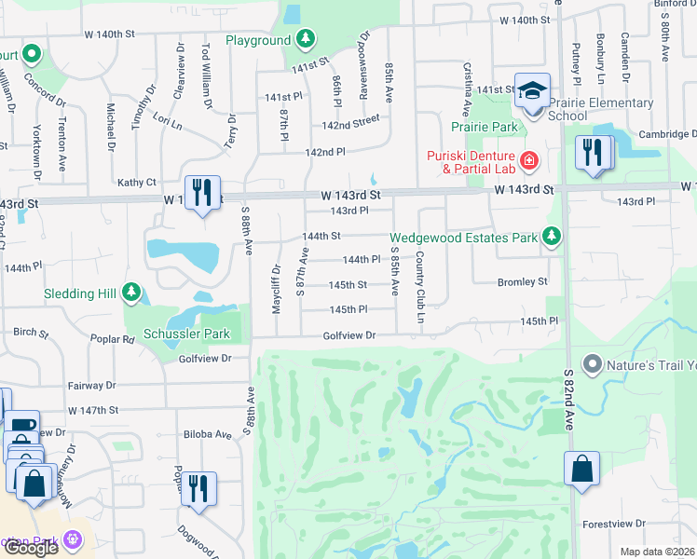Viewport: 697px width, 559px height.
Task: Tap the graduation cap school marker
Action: click(532, 91)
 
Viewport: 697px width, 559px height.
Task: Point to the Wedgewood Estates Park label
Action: click(465, 238)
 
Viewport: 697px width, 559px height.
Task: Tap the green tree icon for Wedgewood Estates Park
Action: click(553, 238)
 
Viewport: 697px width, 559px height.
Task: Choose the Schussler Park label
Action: click(186, 334)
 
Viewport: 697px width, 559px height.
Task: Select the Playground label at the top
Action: click(258, 40)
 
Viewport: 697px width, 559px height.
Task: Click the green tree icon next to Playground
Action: click(306, 40)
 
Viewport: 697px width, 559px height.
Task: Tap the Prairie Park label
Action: click(484, 127)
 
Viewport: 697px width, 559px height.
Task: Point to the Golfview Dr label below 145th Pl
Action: click(348, 335)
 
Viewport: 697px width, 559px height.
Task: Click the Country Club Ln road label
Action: click(420, 288)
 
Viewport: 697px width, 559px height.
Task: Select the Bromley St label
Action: click(522, 281)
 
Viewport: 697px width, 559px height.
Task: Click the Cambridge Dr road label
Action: click(664, 134)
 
